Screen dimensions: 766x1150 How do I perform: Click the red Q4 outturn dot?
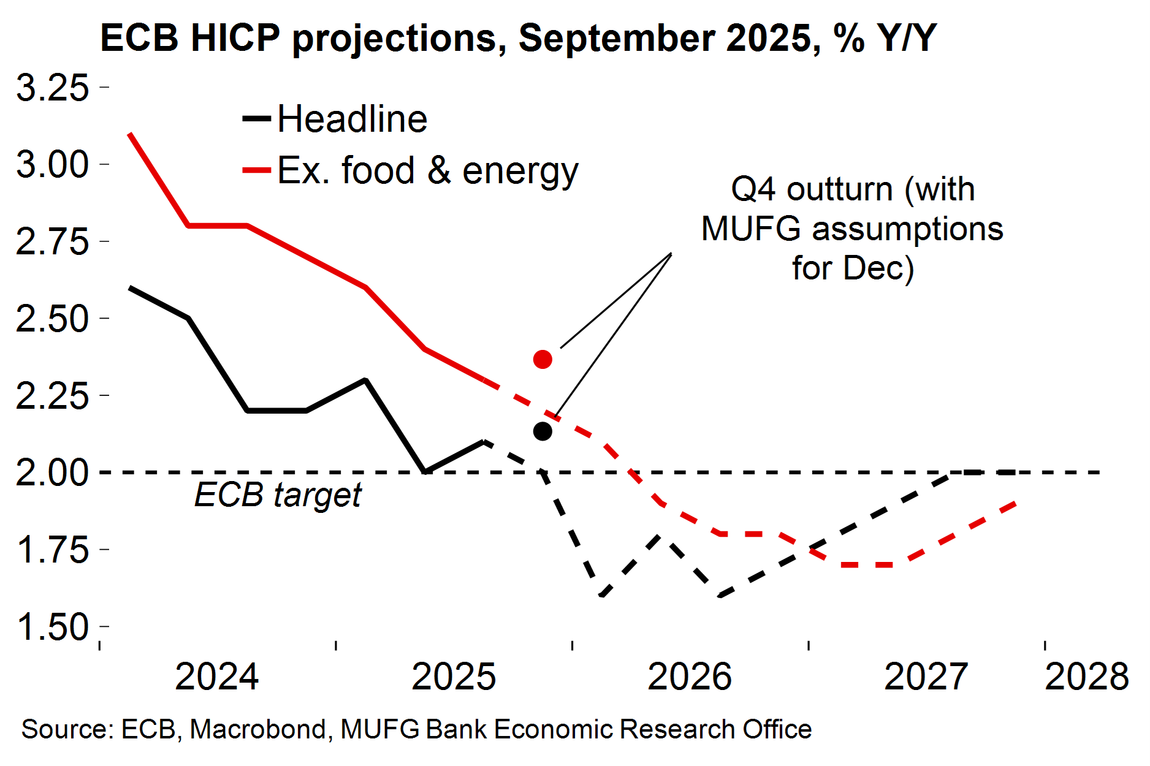(x=543, y=359)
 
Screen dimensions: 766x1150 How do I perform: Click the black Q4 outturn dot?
(x=543, y=431)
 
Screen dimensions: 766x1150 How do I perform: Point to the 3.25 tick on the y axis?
(x=53, y=88)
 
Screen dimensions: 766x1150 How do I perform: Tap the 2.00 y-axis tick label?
(x=53, y=472)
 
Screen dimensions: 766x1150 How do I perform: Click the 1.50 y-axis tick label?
(x=53, y=627)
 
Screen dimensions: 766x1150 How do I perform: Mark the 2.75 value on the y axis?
(x=53, y=241)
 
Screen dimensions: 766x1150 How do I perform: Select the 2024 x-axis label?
(x=217, y=677)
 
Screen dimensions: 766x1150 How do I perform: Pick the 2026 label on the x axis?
(x=690, y=677)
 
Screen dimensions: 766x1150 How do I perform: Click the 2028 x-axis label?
(x=1086, y=677)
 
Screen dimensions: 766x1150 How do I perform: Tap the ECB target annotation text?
(x=278, y=495)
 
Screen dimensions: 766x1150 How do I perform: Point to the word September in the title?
(x=616, y=38)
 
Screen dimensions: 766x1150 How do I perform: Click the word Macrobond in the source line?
(x=257, y=729)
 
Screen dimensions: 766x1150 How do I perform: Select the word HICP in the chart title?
(x=235, y=38)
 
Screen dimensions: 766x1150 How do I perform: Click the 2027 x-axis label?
(x=926, y=677)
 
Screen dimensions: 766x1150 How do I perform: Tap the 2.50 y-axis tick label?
(x=53, y=319)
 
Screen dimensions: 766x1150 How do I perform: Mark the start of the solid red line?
(x=129, y=133)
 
